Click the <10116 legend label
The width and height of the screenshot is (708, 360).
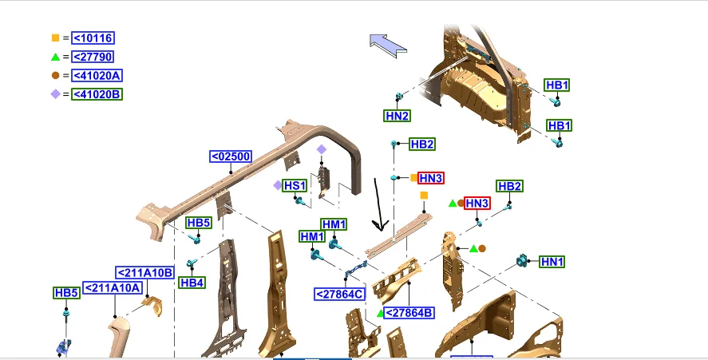(x=93, y=38)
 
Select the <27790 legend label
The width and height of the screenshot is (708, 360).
(x=93, y=57)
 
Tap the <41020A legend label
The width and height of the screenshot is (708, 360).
(x=97, y=76)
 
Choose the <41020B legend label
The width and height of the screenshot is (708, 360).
(x=97, y=94)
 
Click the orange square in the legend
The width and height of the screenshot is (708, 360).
(x=56, y=38)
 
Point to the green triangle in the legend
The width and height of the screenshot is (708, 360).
(x=56, y=57)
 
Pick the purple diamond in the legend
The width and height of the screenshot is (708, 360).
(x=56, y=94)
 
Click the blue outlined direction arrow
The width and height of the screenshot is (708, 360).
(x=388, y=45)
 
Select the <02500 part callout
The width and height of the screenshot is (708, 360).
(x=231, y=156)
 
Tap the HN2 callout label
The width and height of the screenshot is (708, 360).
(x=398, y=116)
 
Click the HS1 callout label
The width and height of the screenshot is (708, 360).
(x=295, y=186)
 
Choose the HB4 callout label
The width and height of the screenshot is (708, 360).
(x=192, y=283)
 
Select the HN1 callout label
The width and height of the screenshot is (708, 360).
(x=552, y=262)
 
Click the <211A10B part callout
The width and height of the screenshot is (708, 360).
(x=145, y=273)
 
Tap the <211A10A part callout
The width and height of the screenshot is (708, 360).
(x=113, y=287)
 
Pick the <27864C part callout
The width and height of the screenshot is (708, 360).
(x=340, y=295)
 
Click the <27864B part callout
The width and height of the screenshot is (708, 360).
(x=409, y=313)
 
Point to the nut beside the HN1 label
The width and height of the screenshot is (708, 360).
(x=522, y=261)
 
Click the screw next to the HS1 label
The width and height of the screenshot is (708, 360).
(x=300, y=201)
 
